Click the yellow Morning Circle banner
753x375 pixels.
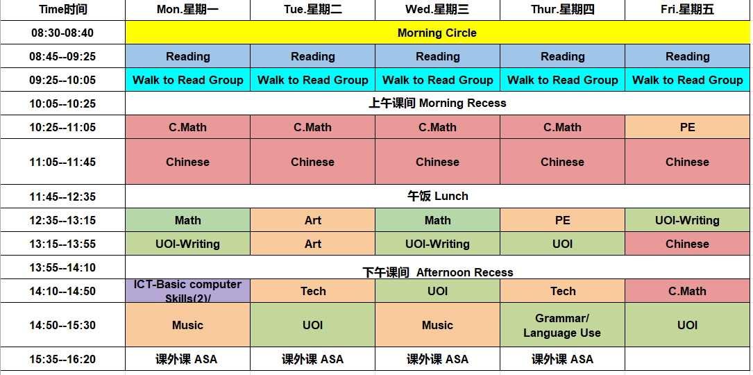click(x=437, y=33)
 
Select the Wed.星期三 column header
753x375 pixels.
click(x=437, y=10)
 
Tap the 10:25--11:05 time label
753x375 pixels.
click(x=62, y=127)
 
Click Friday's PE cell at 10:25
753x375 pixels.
click(x=687, y=127)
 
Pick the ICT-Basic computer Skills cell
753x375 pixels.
click(x=187, y=291)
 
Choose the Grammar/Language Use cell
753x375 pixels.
click(x=562, y=325)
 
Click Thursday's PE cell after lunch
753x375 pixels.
click(x=562, y=220)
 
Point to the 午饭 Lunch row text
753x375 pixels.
click(x=437, y=197)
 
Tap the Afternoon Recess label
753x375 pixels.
click(x=437, y=272)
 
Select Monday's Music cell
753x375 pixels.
click(x=187, y=325)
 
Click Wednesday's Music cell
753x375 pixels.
click(x=437, y=325)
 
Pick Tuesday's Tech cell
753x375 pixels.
click(x=313, y=291)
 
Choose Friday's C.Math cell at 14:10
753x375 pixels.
click(x=687, y=291)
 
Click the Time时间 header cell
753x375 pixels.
click(x=62, y=10)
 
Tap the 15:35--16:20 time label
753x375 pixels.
click(x=62, y=359)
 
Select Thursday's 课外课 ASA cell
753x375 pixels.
click(x=562, y=359)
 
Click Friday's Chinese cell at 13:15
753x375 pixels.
click(x=687, y=244)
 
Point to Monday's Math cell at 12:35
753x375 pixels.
click(x=187, y=220)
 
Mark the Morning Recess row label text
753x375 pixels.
click(x=437, y=103)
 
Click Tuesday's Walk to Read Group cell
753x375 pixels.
click(x=313, y=80)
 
